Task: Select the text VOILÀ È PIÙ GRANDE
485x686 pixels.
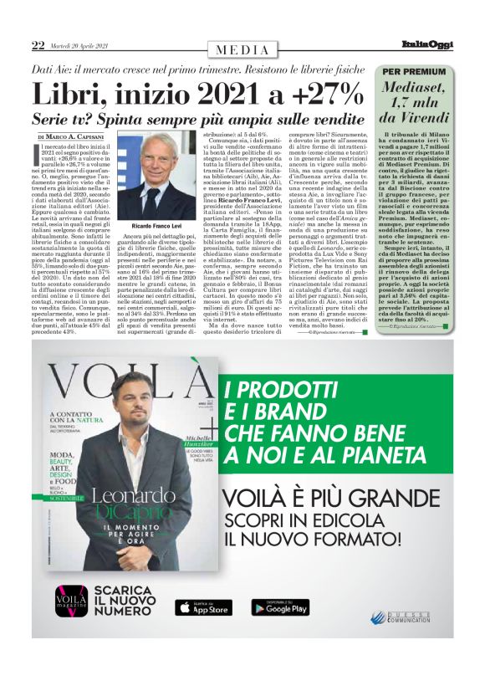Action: click(x=345, y=499)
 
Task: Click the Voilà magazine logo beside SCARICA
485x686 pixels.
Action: click(x=71, y=623)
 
